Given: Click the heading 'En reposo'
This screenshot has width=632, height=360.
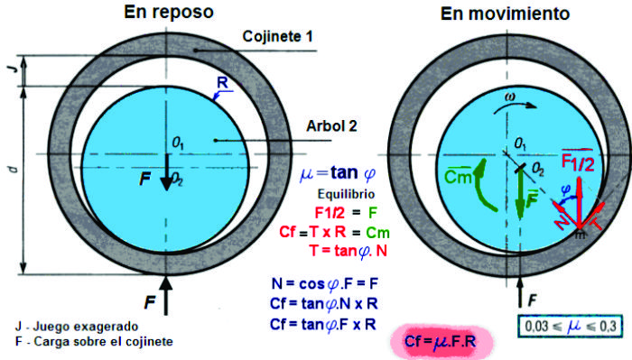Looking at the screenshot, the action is pyautogui.click(x=169, y=12).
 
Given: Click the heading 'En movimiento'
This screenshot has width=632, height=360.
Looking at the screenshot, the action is pyautogui.click(x=505, y=14).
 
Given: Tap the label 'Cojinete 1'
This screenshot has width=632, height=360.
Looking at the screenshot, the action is pyautogui.click(x=277, y=37).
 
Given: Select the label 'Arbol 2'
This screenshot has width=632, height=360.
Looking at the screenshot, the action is pyautogui.click(x=331, y=126).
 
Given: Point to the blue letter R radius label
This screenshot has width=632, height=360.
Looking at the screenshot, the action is pyautogui.click(x=222, y=82).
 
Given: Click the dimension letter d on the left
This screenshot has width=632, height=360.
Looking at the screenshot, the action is pyautogui.click(x=14, y=169).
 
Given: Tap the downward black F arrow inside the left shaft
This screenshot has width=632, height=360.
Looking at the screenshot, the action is pyautogui.click(x=166, y=171).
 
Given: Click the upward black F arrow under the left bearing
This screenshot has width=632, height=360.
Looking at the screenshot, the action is pyautogui.click(x=165, y=295).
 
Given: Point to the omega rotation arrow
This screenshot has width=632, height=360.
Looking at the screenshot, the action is pyautogui.click(x=516, y=106).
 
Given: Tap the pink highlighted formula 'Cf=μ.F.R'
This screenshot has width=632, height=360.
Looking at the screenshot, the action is pyautogui.click(x=441, y=341).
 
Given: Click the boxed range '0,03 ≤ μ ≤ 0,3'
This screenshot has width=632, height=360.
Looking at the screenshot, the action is pyautogui.click(x=570, y=327).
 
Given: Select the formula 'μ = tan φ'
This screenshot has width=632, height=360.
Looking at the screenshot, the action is pyautogui.click(x=338, y=173).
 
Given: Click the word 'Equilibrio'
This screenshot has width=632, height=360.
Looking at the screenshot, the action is pyautogui.click(x=346, y=194).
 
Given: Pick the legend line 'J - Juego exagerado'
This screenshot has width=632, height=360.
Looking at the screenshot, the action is pyautogui.click(x=77, y=327).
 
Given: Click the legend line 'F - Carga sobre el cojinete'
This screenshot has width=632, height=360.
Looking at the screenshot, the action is pyautogui.click(x=94, y=342).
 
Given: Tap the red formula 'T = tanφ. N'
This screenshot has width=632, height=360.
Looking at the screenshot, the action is pyautogui.click(x=349, y=251).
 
